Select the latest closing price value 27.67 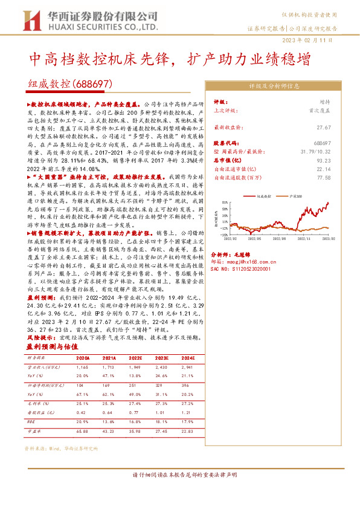pyautogui.click(x=324, y=128)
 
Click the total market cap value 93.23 pyautogui.click(x=324, y=161)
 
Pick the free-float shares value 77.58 pyautogui.click(x=324, y=178)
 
